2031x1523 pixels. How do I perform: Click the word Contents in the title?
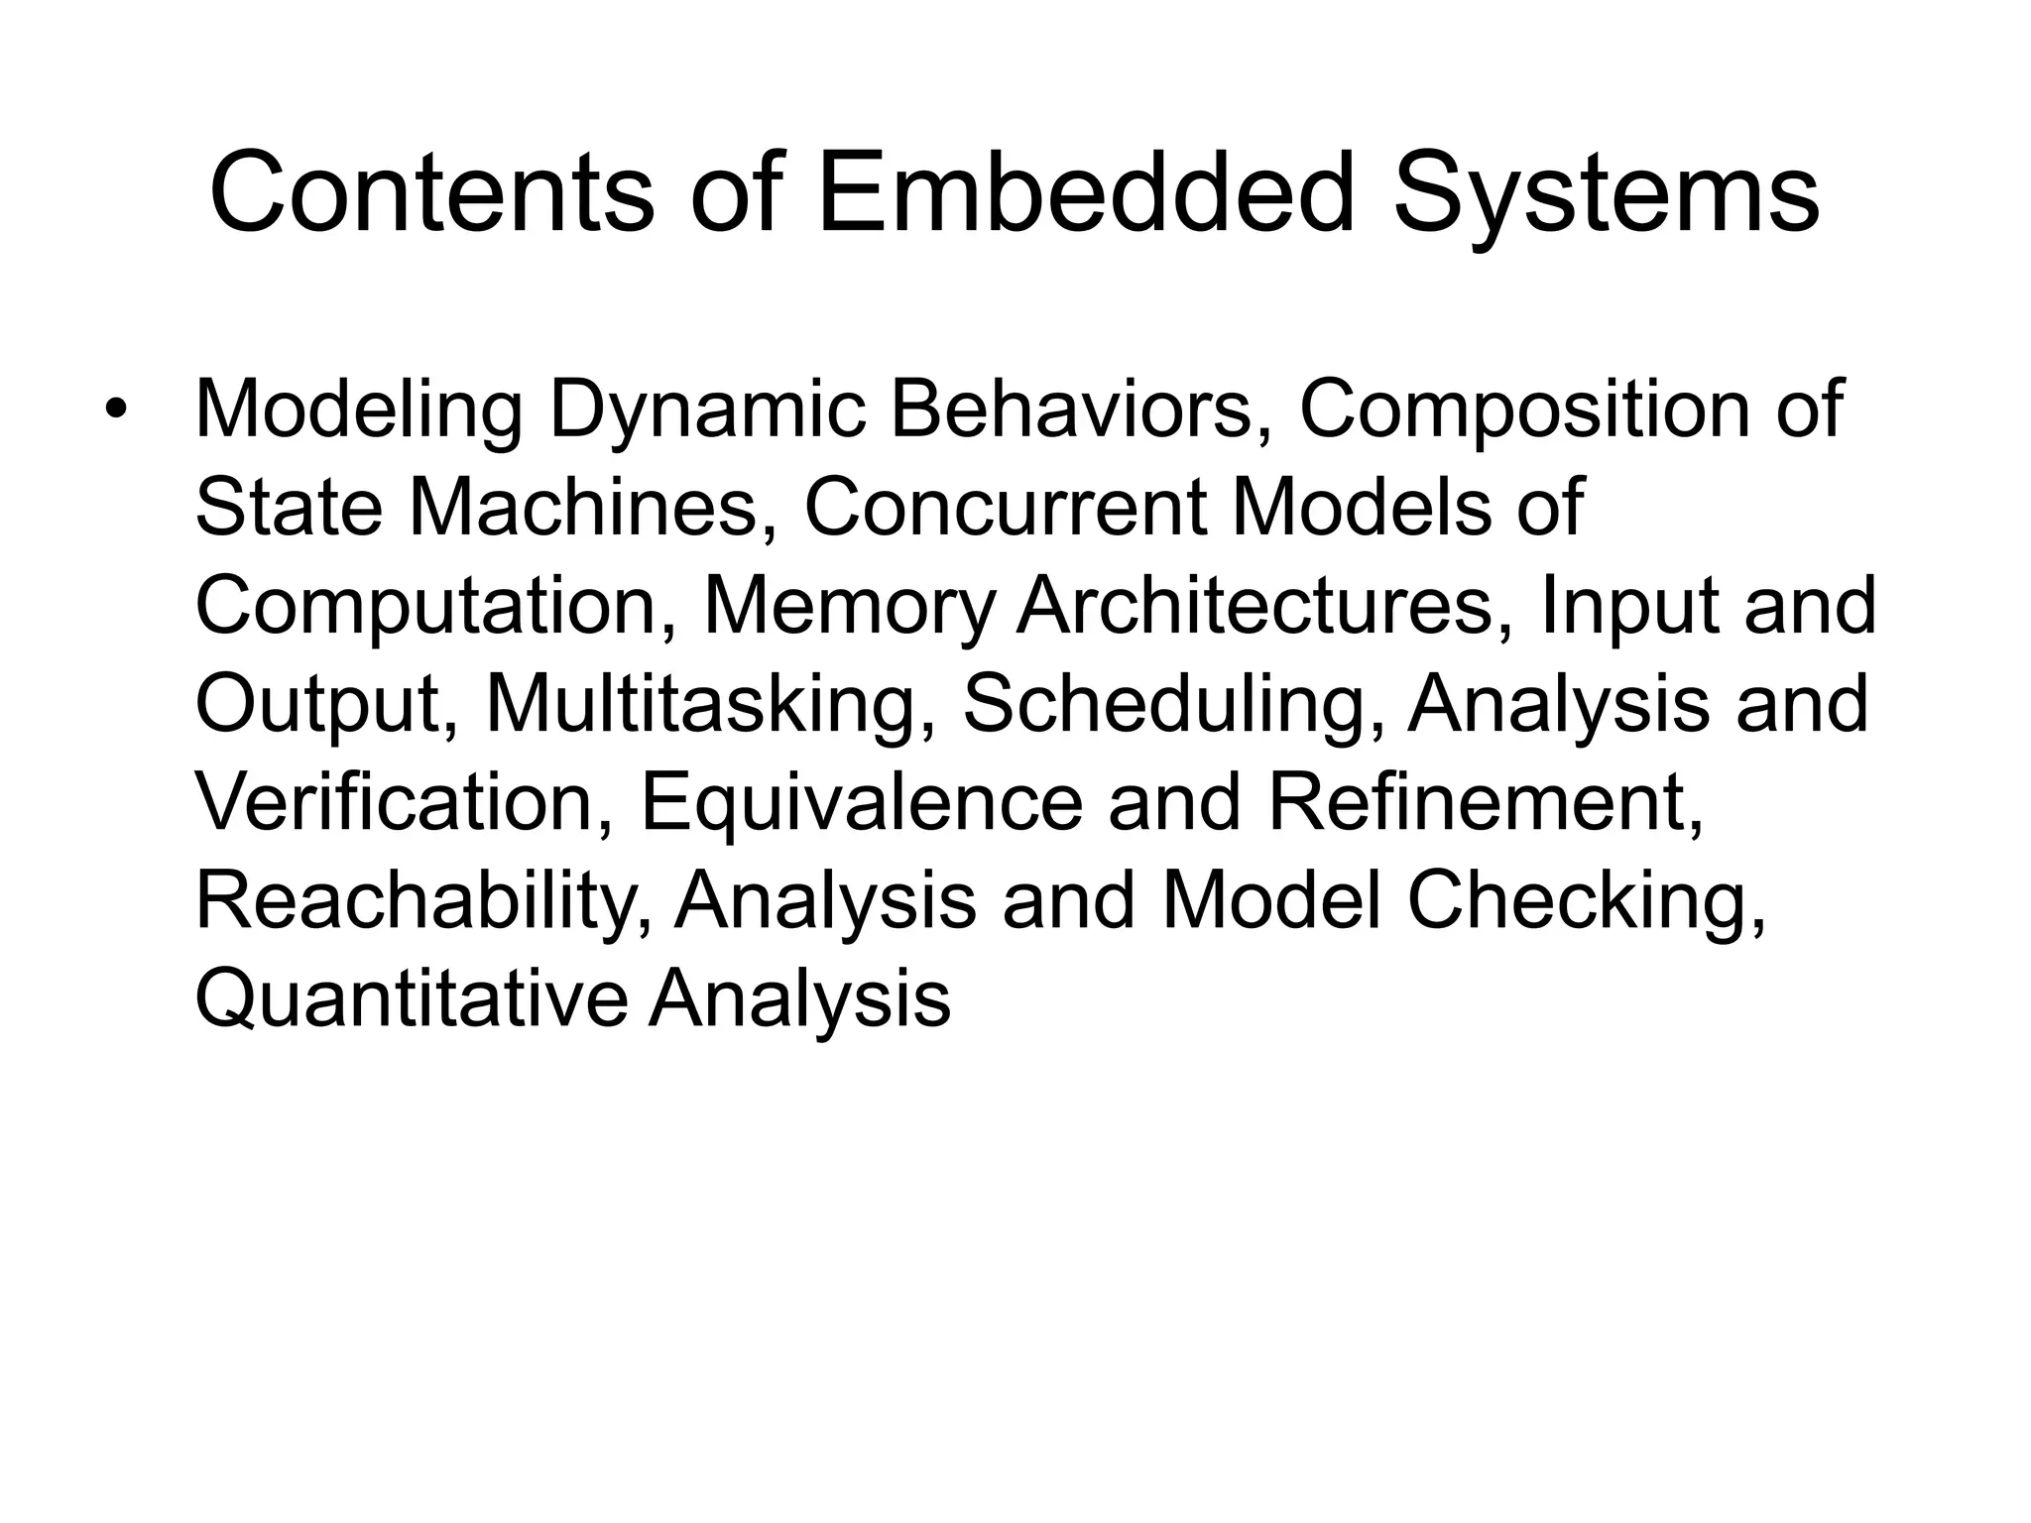point(431,193)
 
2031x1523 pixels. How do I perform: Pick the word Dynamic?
point(708,411)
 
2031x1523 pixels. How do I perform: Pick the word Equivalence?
point(862,804)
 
